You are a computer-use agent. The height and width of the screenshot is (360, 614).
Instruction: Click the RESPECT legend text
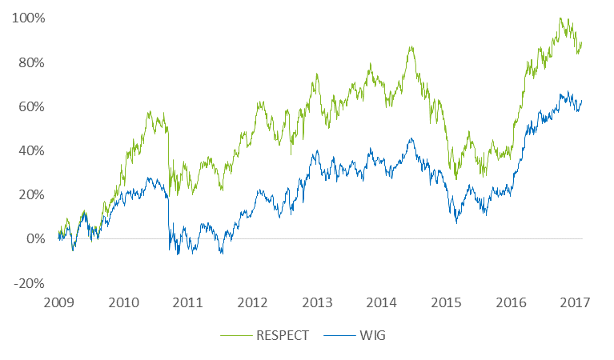[x=282, y=335]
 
